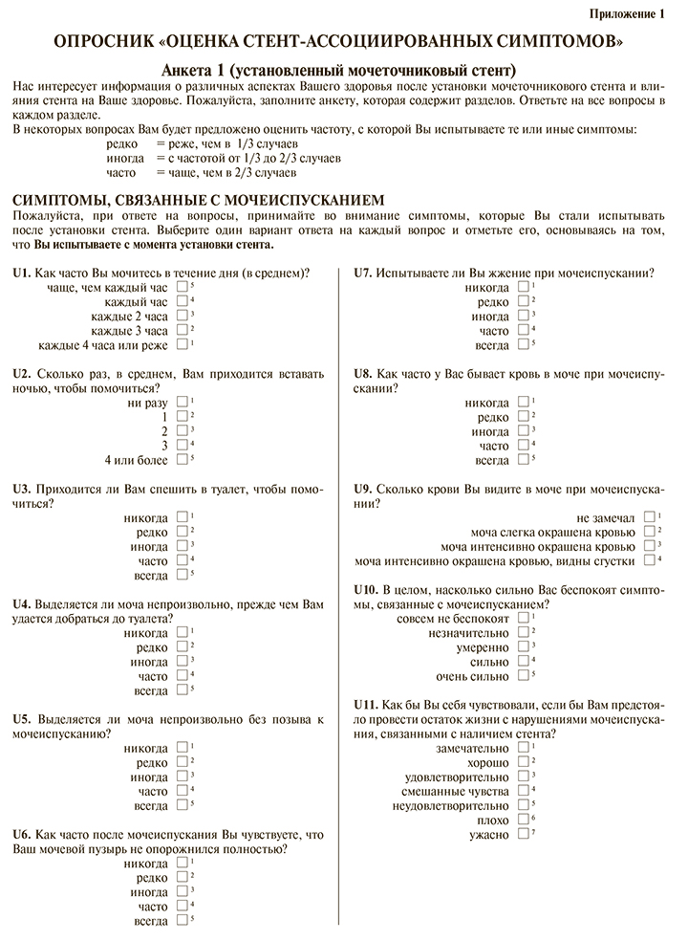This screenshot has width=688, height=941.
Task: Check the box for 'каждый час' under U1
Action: (x=182, y=300)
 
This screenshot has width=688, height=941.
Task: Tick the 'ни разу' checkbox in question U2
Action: (x=182, y=402)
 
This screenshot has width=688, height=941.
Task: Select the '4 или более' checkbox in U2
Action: (x=182, y=459)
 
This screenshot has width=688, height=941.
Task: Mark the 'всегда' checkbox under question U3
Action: (x=182, y=574)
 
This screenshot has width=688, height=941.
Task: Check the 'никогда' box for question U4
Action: (x=182, y=632)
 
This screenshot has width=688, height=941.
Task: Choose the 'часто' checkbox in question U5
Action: (x=182, y=791)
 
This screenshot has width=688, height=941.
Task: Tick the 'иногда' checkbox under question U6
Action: (x=182, y=891)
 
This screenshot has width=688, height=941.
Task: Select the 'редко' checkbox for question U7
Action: (x=523, y=300)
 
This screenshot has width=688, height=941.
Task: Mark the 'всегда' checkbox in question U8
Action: (x=523, y=459)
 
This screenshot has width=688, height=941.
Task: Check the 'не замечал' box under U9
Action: (x=650, y=516)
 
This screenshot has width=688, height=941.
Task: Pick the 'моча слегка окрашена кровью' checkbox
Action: (x=650, y=531)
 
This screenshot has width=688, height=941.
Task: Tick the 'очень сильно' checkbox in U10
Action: (x=523, y=675)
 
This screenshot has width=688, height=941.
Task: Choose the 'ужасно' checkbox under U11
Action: (x=523, y=833)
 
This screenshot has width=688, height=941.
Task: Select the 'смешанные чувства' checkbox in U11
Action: (x=523, y=790)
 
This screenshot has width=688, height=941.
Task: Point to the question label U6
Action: (x=22, y=833)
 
